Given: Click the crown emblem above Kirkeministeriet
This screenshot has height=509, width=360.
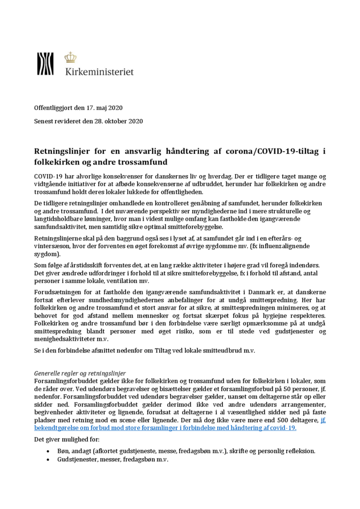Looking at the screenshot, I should pyautogui.click(x=70, y=57).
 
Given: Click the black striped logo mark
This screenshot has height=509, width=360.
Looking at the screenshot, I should pyautogui.click(x=45, y=64).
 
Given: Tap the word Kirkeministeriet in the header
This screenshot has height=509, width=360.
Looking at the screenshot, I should pyautogui.click(x=99, y=71).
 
